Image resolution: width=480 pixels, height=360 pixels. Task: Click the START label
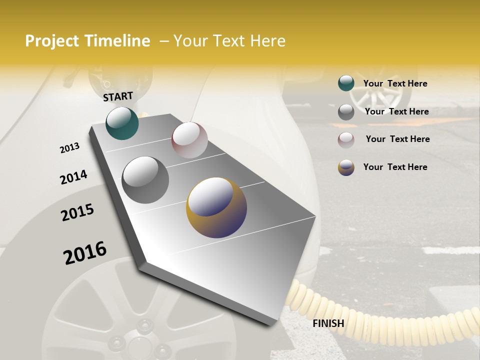pyautogui.click(x=118, y=96)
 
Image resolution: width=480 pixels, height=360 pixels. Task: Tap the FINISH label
pyautogui.click(x=328, y=323)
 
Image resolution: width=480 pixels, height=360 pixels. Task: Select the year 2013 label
pyautogui.click(x=69, y=148)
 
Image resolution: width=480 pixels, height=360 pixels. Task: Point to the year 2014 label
pyautogui.click(x=73, y=177)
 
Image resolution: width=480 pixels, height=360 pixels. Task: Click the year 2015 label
pyautogui.click(x=77, y=212)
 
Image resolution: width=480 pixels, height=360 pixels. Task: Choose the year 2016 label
pyautogui.click(x=85, y=252)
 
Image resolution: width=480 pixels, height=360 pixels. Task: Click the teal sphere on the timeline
pyautogui.click(x=122, y=123)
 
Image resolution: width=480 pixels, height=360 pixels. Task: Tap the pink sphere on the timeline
pyautogui.click(x=189, y=140)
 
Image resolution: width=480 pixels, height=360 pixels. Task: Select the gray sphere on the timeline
pyautogui.click(x=145, y=180)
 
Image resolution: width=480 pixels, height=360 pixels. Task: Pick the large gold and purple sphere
pyautogui.click(x=216, y=207)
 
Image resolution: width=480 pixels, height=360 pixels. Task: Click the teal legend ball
pyautogui.click(x=346, y=83)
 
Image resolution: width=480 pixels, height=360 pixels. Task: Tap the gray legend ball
pyautogui.click(x=346, y=112)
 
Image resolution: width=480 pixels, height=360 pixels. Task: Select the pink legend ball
pyautogui.click(x=346, y=139)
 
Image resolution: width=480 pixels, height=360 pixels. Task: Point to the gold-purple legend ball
pyautogui.click(x=346, y=167)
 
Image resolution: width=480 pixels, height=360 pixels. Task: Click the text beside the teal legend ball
pyautogui.click(x=395, y=83)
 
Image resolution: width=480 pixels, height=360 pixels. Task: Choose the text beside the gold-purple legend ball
pyautogui.click(x=395, y=167)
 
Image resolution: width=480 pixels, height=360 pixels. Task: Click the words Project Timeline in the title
pyautogui.click(x=87, y=41)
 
